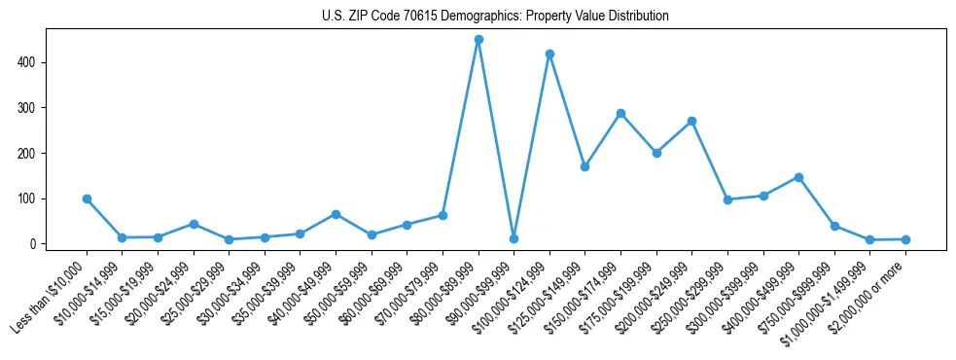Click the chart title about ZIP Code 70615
(x=495, y=17)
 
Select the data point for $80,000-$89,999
(x=478, y=40)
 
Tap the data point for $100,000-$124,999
(x=549, y=54)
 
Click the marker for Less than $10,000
(x=87, y=198)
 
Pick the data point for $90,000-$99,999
(x=513, y=238)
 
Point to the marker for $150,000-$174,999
(x=620, y=113)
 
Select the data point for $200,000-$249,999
(x=691, y=122)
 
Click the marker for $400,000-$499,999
(x=798, y=177)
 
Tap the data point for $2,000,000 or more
(x=905, y=239)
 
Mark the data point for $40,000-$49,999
(x=336, y=214)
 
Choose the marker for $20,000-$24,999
(x=194, y=224)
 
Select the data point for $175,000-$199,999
(x=656, y=153)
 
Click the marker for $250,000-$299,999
(x=727, y=199)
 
